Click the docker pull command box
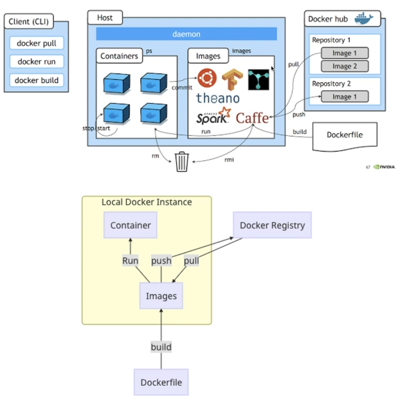(x=36, y=43)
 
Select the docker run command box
(x=36, y=62)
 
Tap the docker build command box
(x=36, y=80)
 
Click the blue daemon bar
(x=186, y=34)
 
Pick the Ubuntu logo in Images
(x=207, y=78)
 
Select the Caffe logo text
(x=252, y=118)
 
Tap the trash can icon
(x=182, y=162)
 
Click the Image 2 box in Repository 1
(x=345, y=66)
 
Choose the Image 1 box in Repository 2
(x=345, y=97)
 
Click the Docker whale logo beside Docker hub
(x=364, y=18)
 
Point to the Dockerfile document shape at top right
(x=345, y=135)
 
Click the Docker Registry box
(x=272, y=225)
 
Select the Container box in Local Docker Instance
(x=130, y=225)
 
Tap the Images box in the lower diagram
(x=161, y=296)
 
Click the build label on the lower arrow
(x=161, y=347)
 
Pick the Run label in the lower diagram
(x=130, y=261)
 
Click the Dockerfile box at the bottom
(x=161, y=382)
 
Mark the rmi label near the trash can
(x=229, y=159)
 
